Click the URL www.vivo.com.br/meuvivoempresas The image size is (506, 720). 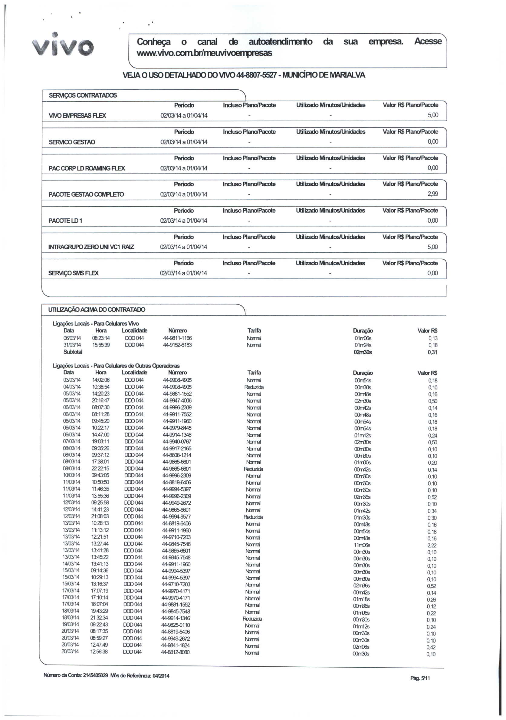point(204,53)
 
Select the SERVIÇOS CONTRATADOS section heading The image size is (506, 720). point(83,95)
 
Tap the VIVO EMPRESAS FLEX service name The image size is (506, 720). point(77,115)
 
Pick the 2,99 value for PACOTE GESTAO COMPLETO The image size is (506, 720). point(433,194)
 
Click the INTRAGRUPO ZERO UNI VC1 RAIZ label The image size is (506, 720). point(91,247)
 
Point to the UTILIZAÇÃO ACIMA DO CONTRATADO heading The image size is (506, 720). point(97,310)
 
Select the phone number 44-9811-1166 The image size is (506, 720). point(177,338)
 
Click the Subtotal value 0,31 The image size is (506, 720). point(432,352)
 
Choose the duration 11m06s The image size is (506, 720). point(362,545)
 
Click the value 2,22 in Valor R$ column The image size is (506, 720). point(432,546)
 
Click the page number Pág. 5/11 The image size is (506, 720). point(420,678)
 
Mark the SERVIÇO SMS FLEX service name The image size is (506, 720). point(74,273)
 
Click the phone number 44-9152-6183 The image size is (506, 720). point(177,345)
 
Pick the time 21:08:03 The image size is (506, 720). point(100,516)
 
